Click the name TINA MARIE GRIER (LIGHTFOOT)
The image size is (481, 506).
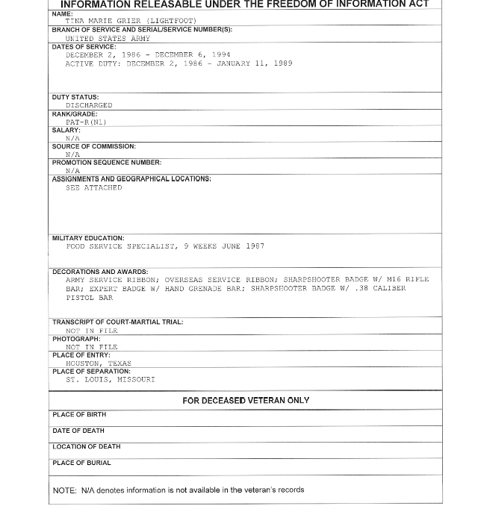(x=131, y=21)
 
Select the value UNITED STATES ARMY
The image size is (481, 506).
(x=108, y=38)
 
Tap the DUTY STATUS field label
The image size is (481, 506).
(x=75, y=97)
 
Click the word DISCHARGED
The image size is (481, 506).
(x=89, y=106)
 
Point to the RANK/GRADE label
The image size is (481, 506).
(x=75, y=114)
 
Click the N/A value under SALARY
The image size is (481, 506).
(x=72, y=139)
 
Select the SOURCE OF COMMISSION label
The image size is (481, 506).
(x=93, y=146)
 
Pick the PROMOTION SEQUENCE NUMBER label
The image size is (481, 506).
(x=106, y=163)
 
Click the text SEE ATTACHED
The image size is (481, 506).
(x=93, y=188)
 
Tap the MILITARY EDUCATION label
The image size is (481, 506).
(x=88, y=238)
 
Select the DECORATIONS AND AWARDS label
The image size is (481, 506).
(x=100, y=272)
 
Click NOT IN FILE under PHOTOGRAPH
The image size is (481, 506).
(x=91, y=347)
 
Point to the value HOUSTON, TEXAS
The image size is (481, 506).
(x=98, y=363)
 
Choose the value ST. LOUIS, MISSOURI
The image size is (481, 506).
(x=110, y=380)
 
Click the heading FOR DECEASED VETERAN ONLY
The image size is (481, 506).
(x=246, y=401)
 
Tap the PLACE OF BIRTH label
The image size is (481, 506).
(x=79, y=415)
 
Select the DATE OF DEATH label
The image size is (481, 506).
(x=78, y=431)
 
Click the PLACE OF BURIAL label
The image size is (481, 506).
(x=81, y=463)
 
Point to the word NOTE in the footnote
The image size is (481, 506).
(x=63, y=490)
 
